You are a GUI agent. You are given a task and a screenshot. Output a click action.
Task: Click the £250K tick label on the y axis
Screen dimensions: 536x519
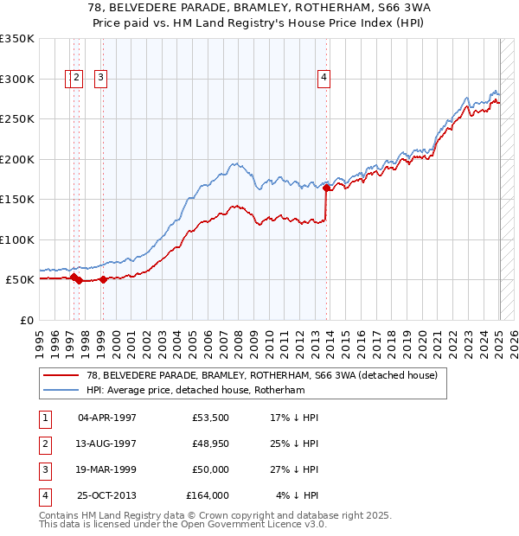pos(17,119)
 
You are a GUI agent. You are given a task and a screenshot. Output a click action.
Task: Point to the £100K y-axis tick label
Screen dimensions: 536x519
pos(17,239)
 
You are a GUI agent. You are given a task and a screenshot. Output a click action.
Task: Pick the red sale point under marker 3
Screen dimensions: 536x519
pos(103,279)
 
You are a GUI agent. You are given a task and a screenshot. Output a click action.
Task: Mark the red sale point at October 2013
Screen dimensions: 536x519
pos(327,188)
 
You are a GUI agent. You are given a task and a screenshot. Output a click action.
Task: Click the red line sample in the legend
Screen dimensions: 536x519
pos(62,376)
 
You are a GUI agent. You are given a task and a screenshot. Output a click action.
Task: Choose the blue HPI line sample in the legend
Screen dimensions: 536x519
pos(62,390)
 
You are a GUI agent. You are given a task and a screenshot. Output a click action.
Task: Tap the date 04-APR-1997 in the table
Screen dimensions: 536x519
pos(107,418)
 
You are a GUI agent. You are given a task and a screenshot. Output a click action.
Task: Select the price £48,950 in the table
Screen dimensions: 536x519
pos(211,443)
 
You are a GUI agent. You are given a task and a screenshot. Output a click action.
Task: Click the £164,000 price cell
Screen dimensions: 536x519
pos(208,495)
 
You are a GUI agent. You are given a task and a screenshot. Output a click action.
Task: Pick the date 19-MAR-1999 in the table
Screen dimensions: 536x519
pos(107,469)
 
